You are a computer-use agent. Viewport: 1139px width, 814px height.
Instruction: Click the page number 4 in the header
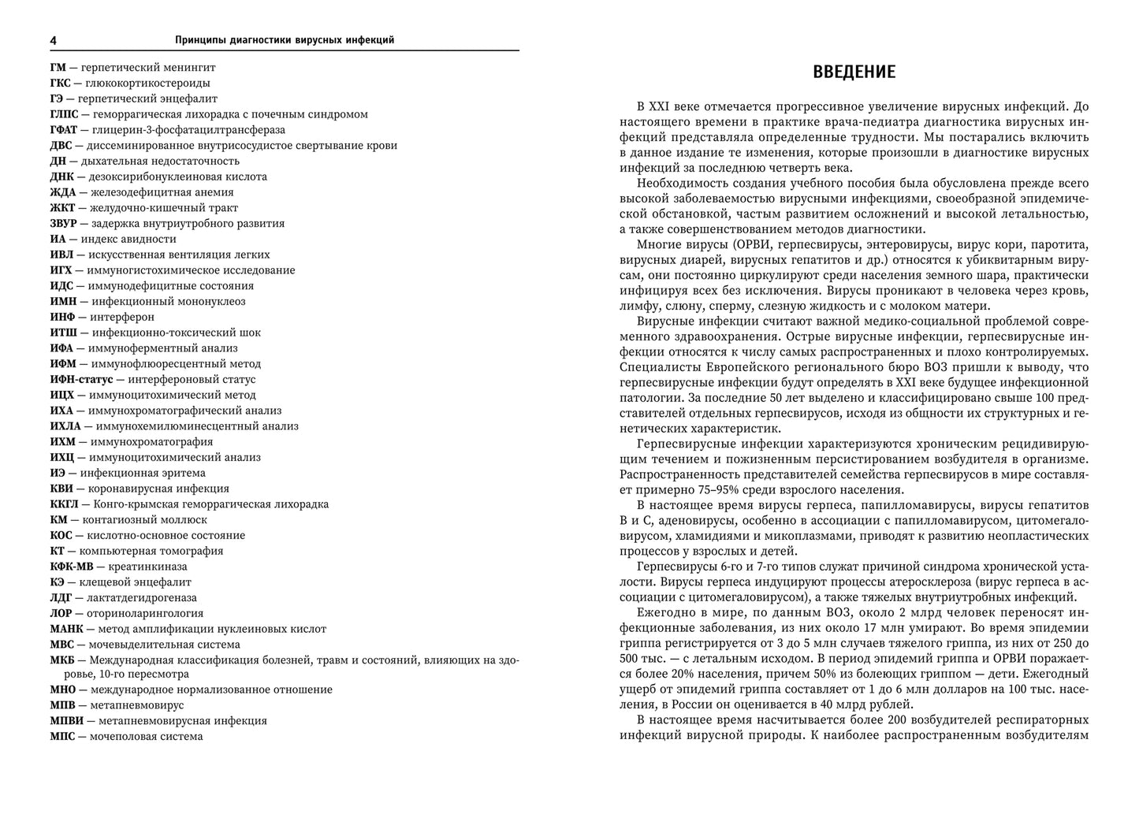pyautogui.click(x=53, y=40)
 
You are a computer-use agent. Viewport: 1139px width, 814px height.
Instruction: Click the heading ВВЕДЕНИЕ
pyautogui.click(x=854, y=72)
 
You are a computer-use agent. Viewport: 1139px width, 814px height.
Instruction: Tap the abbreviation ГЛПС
pyautogui.click(x=64, y=114)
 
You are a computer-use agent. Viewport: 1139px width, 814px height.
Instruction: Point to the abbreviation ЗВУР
pyautogui.click(x=64, y=223)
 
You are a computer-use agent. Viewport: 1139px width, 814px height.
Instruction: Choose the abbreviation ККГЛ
pyautogui.click(x=65, y=504)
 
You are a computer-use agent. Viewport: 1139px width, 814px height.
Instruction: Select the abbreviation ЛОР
pyautogui.click(x=61, y=613)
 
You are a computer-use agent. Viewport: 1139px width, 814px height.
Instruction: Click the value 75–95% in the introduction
pyautogui.click(x=698, y=489)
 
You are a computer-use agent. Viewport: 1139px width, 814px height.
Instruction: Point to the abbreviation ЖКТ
pyautogui.click(x=62, y=207)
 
